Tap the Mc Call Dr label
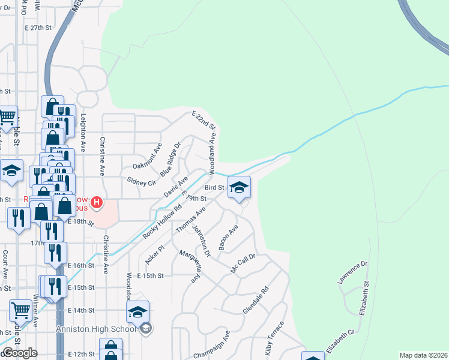(x=244, y=263)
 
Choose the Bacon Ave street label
(x=229, y=238)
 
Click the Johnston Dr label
(x=202, y=241)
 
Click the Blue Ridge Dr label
(x=170, y=158)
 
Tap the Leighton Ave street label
(x=83, y=131)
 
